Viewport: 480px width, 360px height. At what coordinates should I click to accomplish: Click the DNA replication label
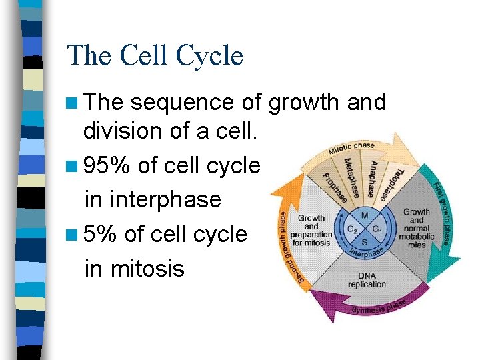tap(366, 280)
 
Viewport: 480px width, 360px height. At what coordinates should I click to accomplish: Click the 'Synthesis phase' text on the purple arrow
tap(378, 307)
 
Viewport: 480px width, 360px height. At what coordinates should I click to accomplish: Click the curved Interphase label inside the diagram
tap(366, 253)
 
